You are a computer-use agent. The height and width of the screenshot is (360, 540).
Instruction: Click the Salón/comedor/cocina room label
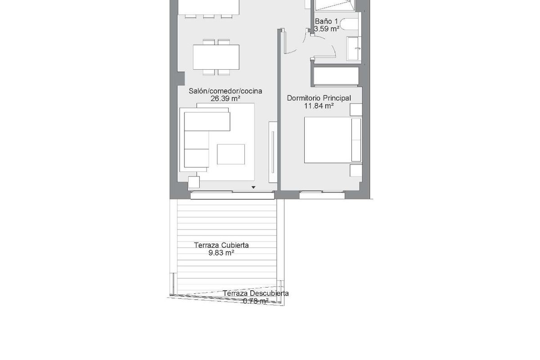click(x=225, y=91)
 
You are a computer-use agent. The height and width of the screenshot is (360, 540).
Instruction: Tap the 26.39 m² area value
click(x=225, y=99)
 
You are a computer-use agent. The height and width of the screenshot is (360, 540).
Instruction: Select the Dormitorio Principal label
click(x=319, y=99)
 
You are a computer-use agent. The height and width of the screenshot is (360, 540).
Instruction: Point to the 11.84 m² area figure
click(x=319, y=106)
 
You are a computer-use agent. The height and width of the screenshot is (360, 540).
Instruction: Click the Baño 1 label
click(x=326, y=22)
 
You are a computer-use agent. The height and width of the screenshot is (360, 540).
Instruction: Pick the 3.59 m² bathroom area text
click(x=327, y=29)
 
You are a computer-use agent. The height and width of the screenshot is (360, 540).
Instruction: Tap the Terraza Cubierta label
click(x=221, y=245)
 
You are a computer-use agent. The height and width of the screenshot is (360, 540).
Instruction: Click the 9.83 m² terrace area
click(x=221, y=253)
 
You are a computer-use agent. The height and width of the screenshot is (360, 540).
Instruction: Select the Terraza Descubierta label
click(x=256, y=293)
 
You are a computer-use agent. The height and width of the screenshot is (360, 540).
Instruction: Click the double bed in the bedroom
click(x=333, y=140)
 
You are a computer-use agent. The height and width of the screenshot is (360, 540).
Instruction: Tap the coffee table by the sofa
click(x=231, y=154)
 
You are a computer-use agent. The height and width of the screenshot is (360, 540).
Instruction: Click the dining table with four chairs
click(x=216, y=57)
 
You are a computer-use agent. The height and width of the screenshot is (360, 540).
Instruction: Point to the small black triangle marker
click(x=253, y=187)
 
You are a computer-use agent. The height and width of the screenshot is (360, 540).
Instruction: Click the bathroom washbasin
click(x=354, y=49)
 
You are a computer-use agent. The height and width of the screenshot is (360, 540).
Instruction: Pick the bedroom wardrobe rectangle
click(x=336, y=76)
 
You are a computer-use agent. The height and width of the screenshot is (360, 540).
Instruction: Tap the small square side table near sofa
click(x=194, y=182)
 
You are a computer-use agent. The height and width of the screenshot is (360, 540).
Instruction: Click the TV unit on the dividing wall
click(x=273, y=152)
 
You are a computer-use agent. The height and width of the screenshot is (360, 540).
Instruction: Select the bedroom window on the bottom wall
click(x=322, y=195)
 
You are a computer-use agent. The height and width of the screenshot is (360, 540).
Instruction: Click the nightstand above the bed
click(x=356, y=110)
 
